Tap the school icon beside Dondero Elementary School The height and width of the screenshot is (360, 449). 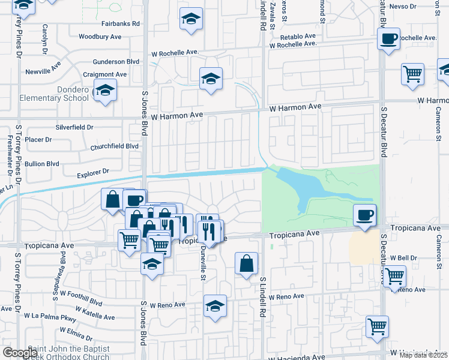[106, 91]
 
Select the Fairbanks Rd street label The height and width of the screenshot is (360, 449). [120, 23]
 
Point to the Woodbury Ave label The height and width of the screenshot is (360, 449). [100, 37]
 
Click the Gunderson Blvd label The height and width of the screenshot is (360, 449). [115, 62]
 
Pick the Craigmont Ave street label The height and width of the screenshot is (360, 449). [105, 74]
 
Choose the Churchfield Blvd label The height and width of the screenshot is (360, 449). [114, 146]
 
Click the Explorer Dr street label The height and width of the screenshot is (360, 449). [92, 172]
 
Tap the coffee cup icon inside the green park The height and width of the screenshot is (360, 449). [364, 215]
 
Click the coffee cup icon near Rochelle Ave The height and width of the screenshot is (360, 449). [388, 40]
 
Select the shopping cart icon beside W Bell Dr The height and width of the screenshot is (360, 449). [394, 277]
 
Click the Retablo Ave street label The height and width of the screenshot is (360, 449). [301, 36]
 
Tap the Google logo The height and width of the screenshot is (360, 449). [20, 352]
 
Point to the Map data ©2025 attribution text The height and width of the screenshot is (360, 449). [423, 355]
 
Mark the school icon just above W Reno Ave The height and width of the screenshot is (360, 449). [215, 307]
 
